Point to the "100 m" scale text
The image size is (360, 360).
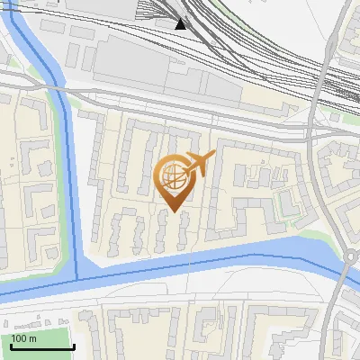pyautogui.click(x=23, y=338)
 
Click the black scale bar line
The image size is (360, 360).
pyautogui.click(x=41, y=346)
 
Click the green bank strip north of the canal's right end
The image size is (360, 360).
pyautogui.click(x=315, y=236)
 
